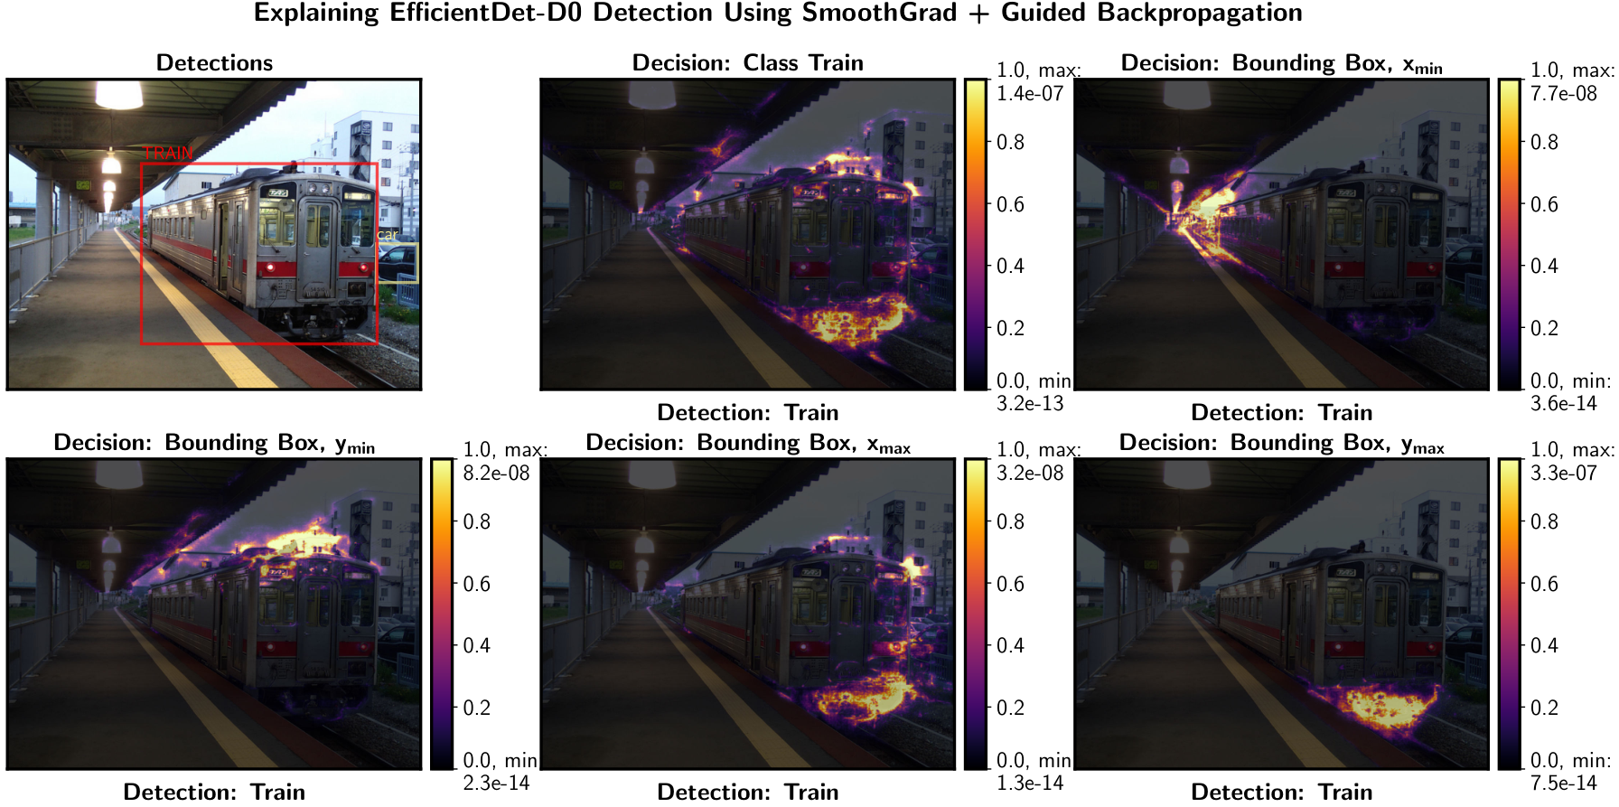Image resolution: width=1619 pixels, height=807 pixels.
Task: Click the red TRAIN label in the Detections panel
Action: click(168, 153)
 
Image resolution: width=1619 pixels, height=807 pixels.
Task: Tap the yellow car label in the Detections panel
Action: click(388, 235)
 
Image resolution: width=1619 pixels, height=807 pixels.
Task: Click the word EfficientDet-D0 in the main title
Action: click(487, 13)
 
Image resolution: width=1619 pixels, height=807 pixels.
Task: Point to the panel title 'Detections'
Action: click(214, 62)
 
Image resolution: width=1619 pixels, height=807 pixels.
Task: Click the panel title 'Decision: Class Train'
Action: click(748, 62)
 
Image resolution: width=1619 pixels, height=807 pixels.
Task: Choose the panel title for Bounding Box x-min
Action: click(1282, 63)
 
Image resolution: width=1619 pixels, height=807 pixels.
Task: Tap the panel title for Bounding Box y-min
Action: click(214, 443)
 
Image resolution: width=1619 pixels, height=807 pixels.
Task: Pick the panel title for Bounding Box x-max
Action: click(748, 443)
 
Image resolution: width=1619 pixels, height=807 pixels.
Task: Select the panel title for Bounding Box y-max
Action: click(1282, 443)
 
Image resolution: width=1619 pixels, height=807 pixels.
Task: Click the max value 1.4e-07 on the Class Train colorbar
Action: click(1030, 93)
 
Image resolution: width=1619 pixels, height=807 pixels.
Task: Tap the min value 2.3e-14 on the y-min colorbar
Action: click(496, 783)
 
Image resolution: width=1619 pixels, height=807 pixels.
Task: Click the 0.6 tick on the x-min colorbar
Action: click(1544, 204)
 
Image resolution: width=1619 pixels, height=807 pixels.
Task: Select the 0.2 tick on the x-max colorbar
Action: click(1010, 708)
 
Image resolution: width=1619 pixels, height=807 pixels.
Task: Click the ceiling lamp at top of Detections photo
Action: click(119, 93)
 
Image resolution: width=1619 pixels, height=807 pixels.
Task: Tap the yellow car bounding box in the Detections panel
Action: click(398, 262)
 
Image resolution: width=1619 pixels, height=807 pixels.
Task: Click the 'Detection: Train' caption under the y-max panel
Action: click(1282, 792)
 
